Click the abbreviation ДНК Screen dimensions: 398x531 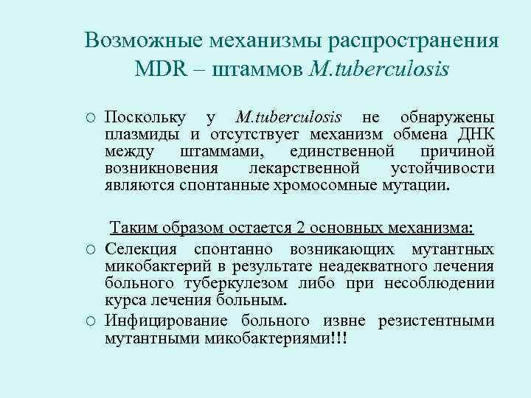pos(476,133)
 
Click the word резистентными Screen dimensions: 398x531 pos(437,321)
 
